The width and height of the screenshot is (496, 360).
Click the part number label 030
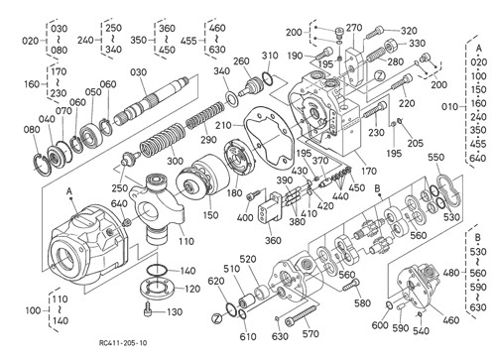(x=138, y=72)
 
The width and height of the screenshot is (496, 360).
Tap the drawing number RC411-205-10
(x=123, y=343)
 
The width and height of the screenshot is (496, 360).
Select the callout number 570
(x=310, y=334)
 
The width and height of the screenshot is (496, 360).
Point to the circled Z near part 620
(x=216, y=318)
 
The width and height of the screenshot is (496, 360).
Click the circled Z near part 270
(x=380, y=76)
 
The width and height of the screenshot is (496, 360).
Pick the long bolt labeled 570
(x=301, y=314)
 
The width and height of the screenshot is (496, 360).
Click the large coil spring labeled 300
(x=162, y=141)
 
